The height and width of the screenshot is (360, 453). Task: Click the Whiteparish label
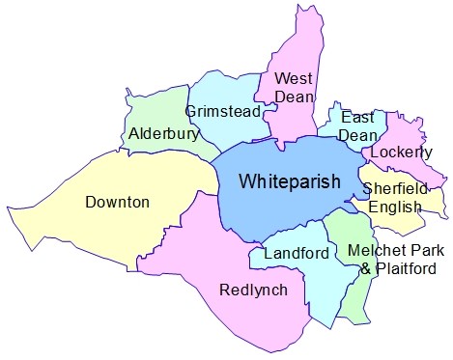290,180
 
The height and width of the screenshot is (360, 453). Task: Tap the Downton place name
117,203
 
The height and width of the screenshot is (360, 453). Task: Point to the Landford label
292,254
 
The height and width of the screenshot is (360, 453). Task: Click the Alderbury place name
163,134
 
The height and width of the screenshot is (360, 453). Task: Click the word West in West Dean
291,77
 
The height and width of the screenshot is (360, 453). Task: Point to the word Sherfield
393,188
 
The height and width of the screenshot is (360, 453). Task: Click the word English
395,207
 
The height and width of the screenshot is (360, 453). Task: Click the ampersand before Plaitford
365,269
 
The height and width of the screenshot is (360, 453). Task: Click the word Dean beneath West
293,96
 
